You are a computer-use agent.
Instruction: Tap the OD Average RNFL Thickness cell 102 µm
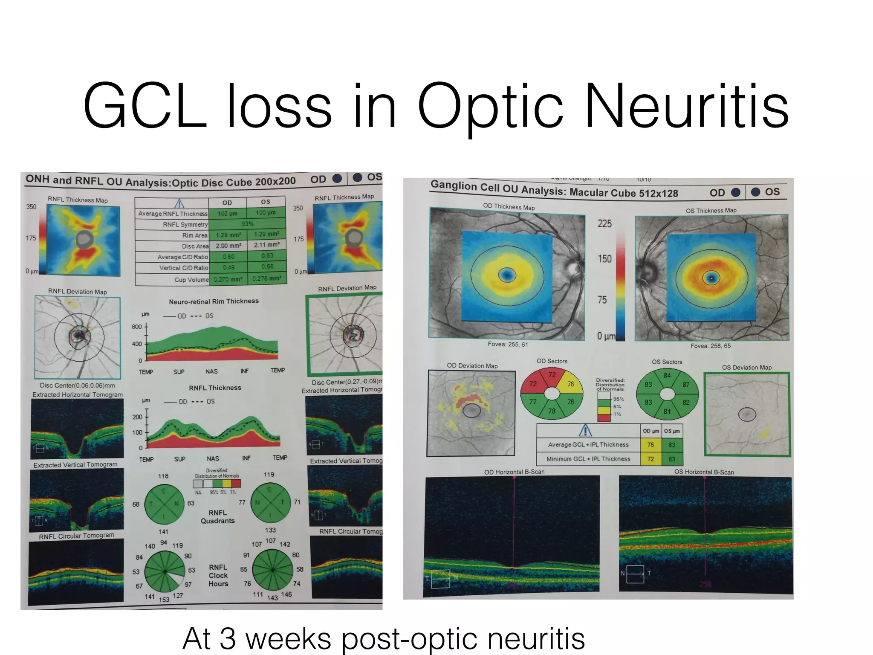tap(227, 213)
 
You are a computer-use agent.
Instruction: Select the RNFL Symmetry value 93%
tap(247, 223)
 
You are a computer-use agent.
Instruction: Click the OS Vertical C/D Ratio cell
tap(267, 267)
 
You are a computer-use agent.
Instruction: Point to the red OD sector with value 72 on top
tap(552, 375)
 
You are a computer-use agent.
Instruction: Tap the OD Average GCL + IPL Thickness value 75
tap(650, 444)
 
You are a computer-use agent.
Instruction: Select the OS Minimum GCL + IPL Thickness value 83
tap(672, 459)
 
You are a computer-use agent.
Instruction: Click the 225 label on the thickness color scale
tap(604, 223)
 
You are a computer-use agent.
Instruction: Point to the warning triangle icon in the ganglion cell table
tap(585, 430)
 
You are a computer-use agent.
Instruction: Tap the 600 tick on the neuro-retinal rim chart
tap(136, 327)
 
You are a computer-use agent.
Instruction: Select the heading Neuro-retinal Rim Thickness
tap(214, 301)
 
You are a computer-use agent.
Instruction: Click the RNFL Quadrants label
tap(217, 516)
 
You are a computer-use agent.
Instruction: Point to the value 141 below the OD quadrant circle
tap(163, 532)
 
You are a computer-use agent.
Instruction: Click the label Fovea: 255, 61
tap(508, 344)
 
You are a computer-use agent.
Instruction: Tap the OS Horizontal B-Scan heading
tap(704, 472)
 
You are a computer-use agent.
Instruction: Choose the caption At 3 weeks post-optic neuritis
tap(384, 638)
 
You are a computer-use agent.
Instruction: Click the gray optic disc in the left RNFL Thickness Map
tap(84, 240)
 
